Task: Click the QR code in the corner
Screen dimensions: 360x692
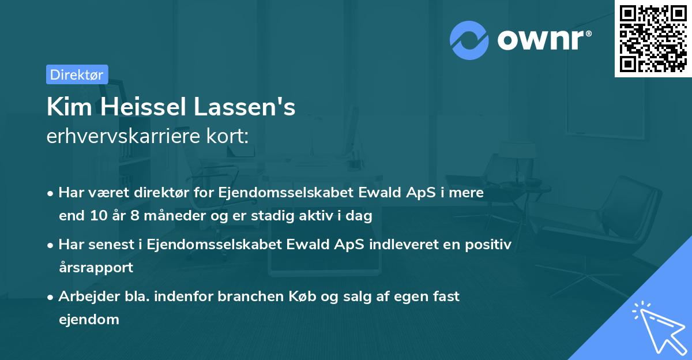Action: point(653,39)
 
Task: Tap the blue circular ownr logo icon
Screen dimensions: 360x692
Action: point(469,40)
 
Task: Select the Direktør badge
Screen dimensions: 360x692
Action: point(77,74)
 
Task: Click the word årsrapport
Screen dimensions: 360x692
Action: point(96,268)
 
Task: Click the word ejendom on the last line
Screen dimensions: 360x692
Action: point(89,319)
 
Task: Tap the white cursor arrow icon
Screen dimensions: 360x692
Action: point(657,327)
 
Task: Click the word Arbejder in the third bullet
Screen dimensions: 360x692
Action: point(84,297)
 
